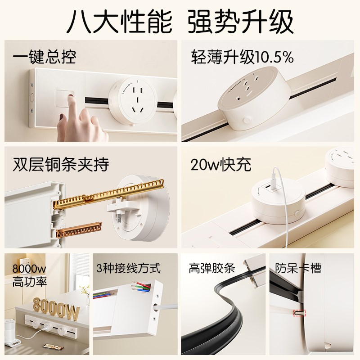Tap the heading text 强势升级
tap(241, 20)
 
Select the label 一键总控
tap(44, 57)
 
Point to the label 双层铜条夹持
tap(61, 164)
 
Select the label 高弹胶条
tap(212, 269)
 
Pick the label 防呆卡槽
tap(298, 269)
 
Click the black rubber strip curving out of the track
tap(225, 315)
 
